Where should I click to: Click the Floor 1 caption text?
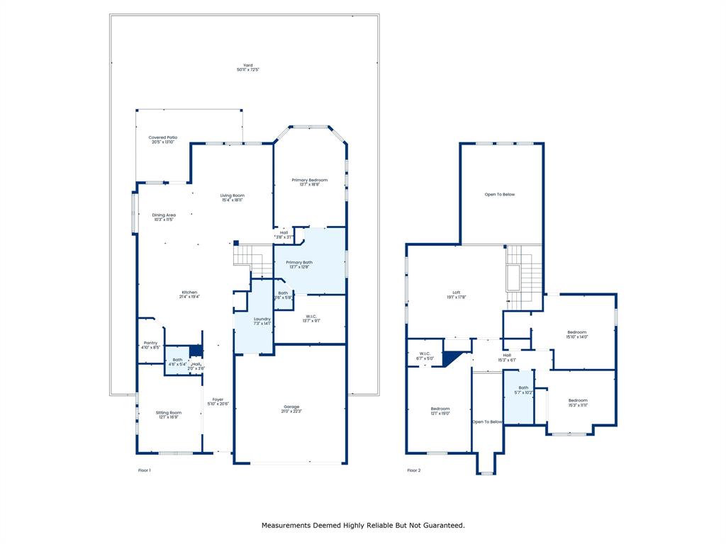point(144,470)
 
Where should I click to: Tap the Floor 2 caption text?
point(413,470)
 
